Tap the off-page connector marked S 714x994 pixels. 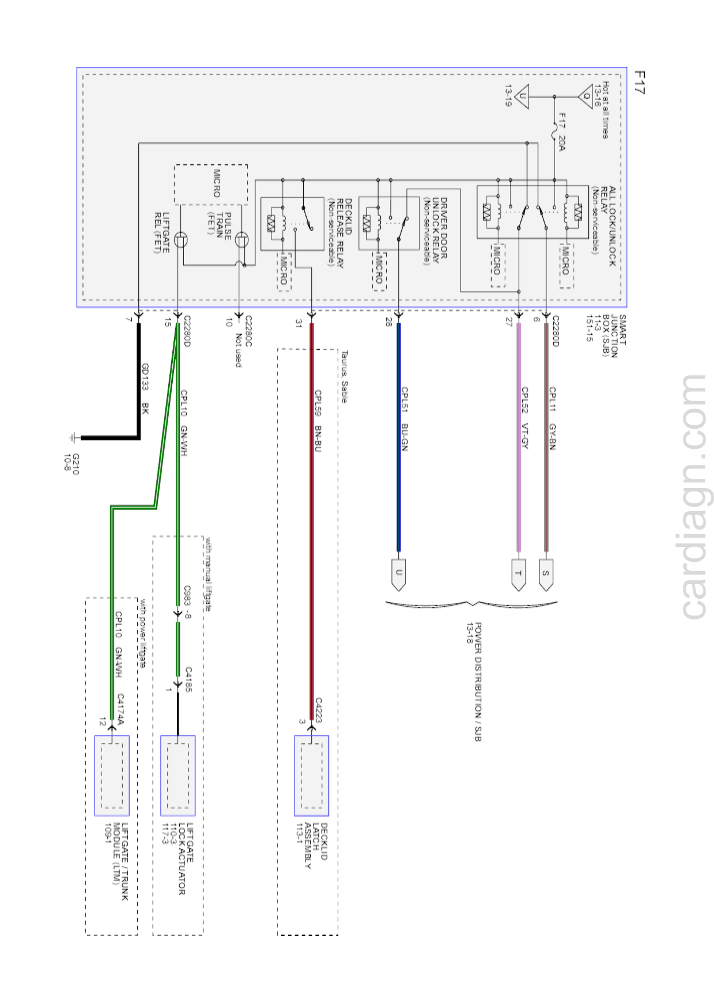point(546,574)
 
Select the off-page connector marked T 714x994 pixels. point(519,574)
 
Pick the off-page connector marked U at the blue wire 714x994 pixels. point(398,574)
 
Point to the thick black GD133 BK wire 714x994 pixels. point(139,381)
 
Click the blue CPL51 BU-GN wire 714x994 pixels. point(398,438)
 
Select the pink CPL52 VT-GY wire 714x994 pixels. point(519,438)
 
